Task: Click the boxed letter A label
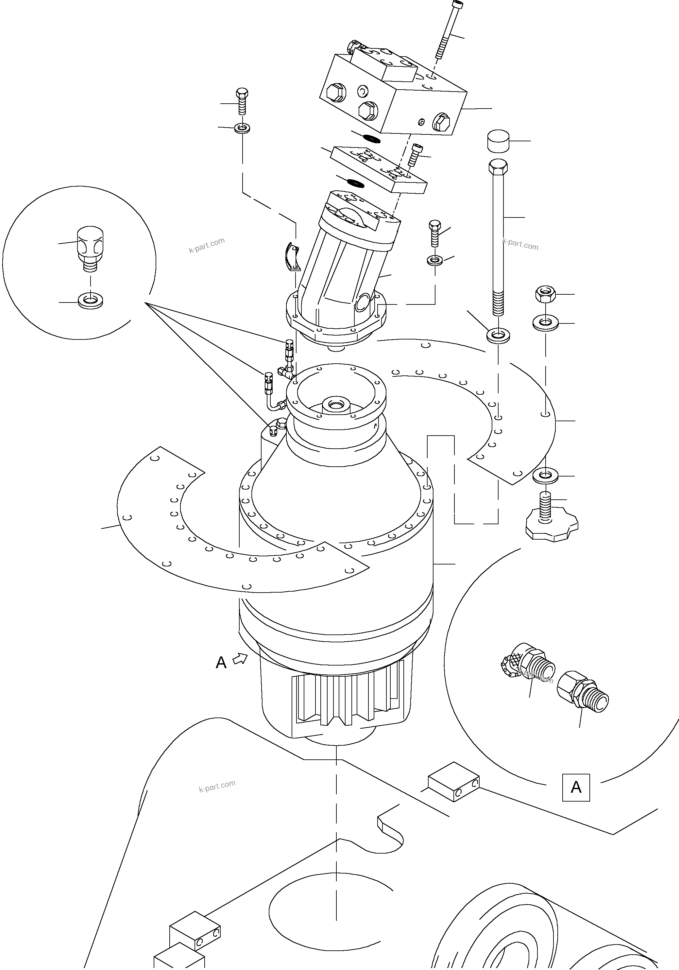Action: (576, 788)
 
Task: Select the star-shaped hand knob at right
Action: (552, 526)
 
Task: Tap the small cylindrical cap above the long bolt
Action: (498, 141)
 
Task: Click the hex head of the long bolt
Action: (498, 167)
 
